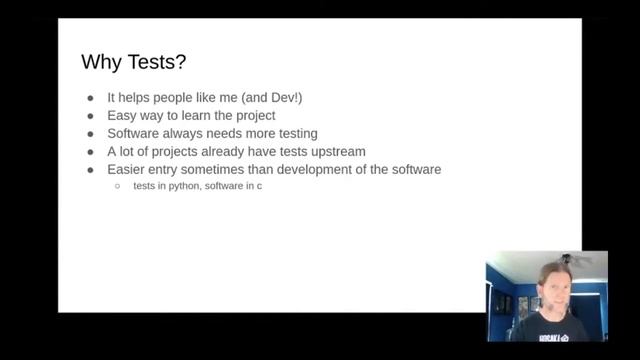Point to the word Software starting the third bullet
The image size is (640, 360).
135,134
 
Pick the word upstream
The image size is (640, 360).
337,152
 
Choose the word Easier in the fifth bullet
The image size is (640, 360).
128,169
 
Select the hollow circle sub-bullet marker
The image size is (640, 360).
118,187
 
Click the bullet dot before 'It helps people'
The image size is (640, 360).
90,99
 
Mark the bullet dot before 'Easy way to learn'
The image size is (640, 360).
90,117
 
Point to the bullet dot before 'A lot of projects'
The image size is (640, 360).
90,152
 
